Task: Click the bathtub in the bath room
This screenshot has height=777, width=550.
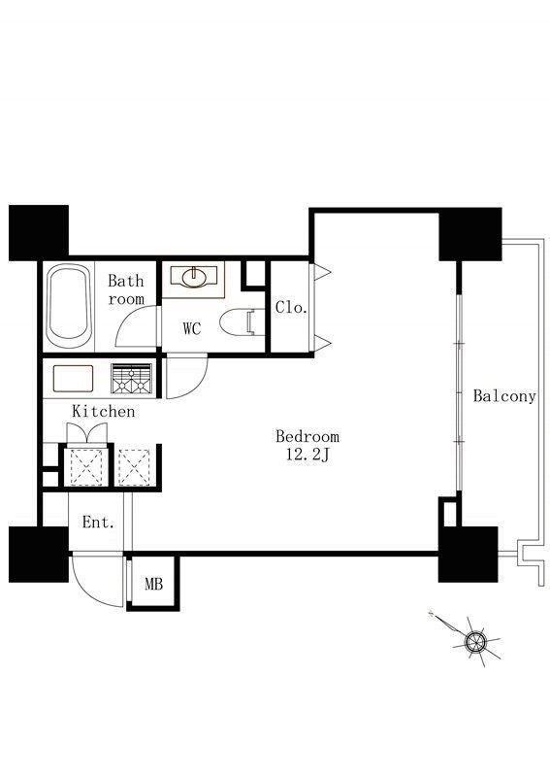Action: coord(69,306)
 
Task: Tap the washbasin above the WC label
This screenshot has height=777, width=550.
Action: coord(193,278)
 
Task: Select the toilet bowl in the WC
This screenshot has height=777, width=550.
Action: coord(242,322)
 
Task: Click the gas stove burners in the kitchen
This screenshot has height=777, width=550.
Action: coord(131,379)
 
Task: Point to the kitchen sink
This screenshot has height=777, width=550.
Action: coord(73,379)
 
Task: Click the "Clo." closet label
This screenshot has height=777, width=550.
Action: coord(292,307)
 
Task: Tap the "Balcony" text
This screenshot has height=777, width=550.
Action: coord(504,396)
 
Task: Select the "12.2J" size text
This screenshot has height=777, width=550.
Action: coord(307,455)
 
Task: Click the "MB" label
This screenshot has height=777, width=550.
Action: coord(153,585)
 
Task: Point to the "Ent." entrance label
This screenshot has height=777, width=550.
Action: coord(98,523)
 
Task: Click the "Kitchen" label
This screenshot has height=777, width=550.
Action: coord(104,411)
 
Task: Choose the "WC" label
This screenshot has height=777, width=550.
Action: coord(192,328)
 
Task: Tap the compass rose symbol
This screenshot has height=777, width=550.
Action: coord(475,641)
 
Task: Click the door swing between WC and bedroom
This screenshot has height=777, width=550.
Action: coord(197,386)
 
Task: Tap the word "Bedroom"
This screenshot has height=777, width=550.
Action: coord(307,436)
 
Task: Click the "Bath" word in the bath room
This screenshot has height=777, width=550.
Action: coord(126,281)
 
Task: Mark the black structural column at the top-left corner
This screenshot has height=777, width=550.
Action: coord(39,233)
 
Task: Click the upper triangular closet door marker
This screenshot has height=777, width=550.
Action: coord(322,271)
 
